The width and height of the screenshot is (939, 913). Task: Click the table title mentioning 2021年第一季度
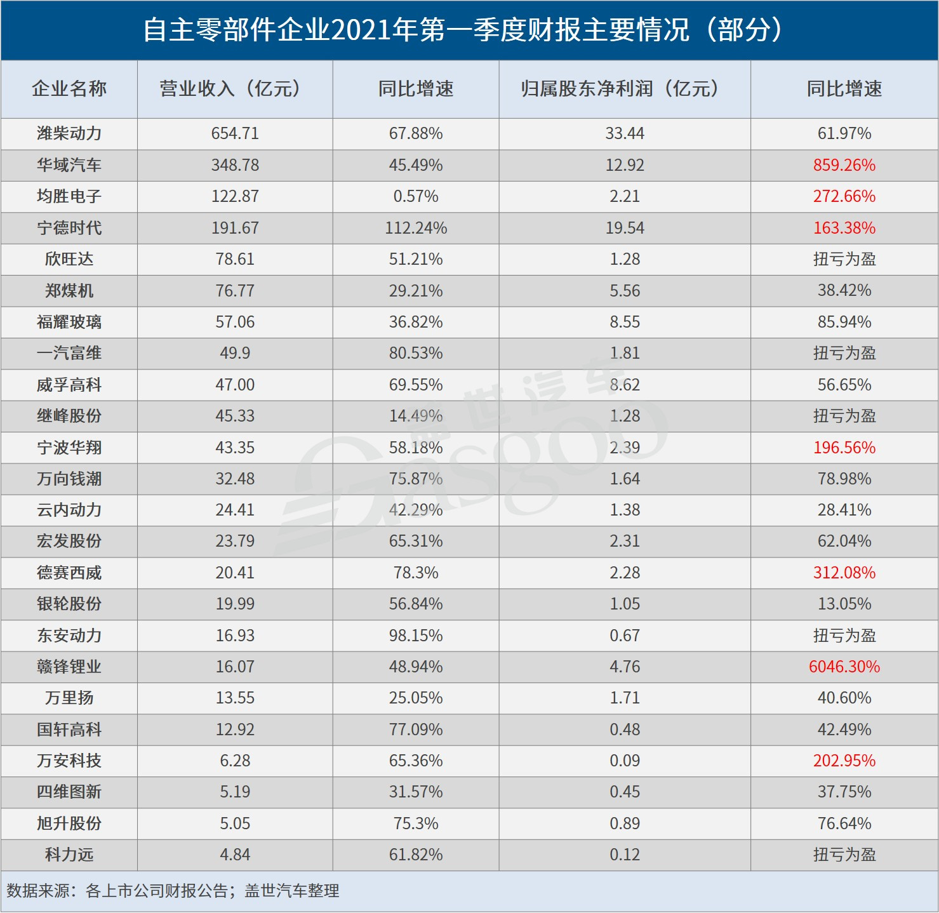pos(463,30)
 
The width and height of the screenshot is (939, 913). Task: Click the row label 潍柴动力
pos(69,133)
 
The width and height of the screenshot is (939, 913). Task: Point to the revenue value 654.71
pos(235,133)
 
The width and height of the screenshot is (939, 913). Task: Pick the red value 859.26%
pos(844,165)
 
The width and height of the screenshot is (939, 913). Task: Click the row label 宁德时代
pos(69,228)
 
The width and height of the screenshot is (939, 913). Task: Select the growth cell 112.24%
pos(416,228)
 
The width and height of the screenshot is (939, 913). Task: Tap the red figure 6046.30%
pos(844,667)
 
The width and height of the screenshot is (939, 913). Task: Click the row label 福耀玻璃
pos(69,322)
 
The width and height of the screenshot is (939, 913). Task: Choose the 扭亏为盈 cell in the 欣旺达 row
pos(844,259)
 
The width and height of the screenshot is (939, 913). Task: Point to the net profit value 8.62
pos(625,385)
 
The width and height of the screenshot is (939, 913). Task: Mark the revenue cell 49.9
pos(235,353)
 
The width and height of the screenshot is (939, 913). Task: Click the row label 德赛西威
pos(69,573)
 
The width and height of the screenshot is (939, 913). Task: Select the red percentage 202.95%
pos(844,761)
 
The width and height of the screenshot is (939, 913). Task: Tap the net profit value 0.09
pos(625,761)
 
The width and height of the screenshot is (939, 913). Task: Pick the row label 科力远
pos(69,855)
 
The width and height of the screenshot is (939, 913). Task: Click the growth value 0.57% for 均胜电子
pos(416,196)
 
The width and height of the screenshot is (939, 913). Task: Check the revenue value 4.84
pos(235,855)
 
